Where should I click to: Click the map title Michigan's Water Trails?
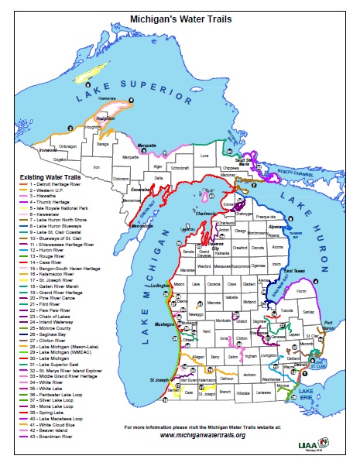179,15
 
